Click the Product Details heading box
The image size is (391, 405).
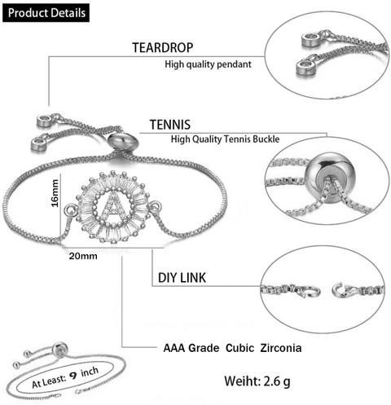[46, 13]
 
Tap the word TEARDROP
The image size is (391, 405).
[163, 47]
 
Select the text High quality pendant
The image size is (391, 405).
[208, 64]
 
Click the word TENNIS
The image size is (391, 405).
[170, 125]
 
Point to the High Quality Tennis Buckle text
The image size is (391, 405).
[225, 139]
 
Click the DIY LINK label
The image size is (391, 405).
[182, 278]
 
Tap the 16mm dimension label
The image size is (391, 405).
[55, 193]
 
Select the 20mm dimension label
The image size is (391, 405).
[83, 256]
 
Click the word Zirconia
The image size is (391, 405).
[281, 348]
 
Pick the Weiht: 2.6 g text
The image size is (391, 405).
[257, 381]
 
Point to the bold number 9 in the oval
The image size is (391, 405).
[73, 376]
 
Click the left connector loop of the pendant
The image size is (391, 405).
[70, 209]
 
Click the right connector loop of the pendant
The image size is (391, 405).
[155, 206]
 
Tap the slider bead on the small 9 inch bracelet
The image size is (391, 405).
[59, 349]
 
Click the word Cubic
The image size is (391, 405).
[239, 348]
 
